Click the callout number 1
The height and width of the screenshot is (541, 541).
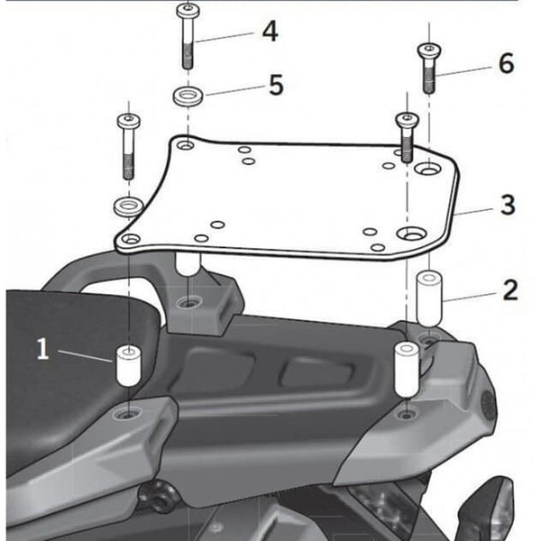(x=42, y=349)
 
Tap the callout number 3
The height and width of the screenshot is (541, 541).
(x=508, y=205)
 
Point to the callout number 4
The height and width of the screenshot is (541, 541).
(x=270, y=32)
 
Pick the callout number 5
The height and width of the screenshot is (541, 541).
(x=275, y=86)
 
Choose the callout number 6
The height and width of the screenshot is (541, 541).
(x=505, y=63)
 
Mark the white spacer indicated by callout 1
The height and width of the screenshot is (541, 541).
(x=126, y=365)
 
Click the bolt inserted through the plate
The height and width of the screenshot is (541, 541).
(x=407, y=135)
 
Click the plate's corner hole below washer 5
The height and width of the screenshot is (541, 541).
(x=185, y=145)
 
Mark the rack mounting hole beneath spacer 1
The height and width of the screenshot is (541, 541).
(x=127, y=415)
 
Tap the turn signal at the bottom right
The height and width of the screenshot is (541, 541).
(x=496, y=509)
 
